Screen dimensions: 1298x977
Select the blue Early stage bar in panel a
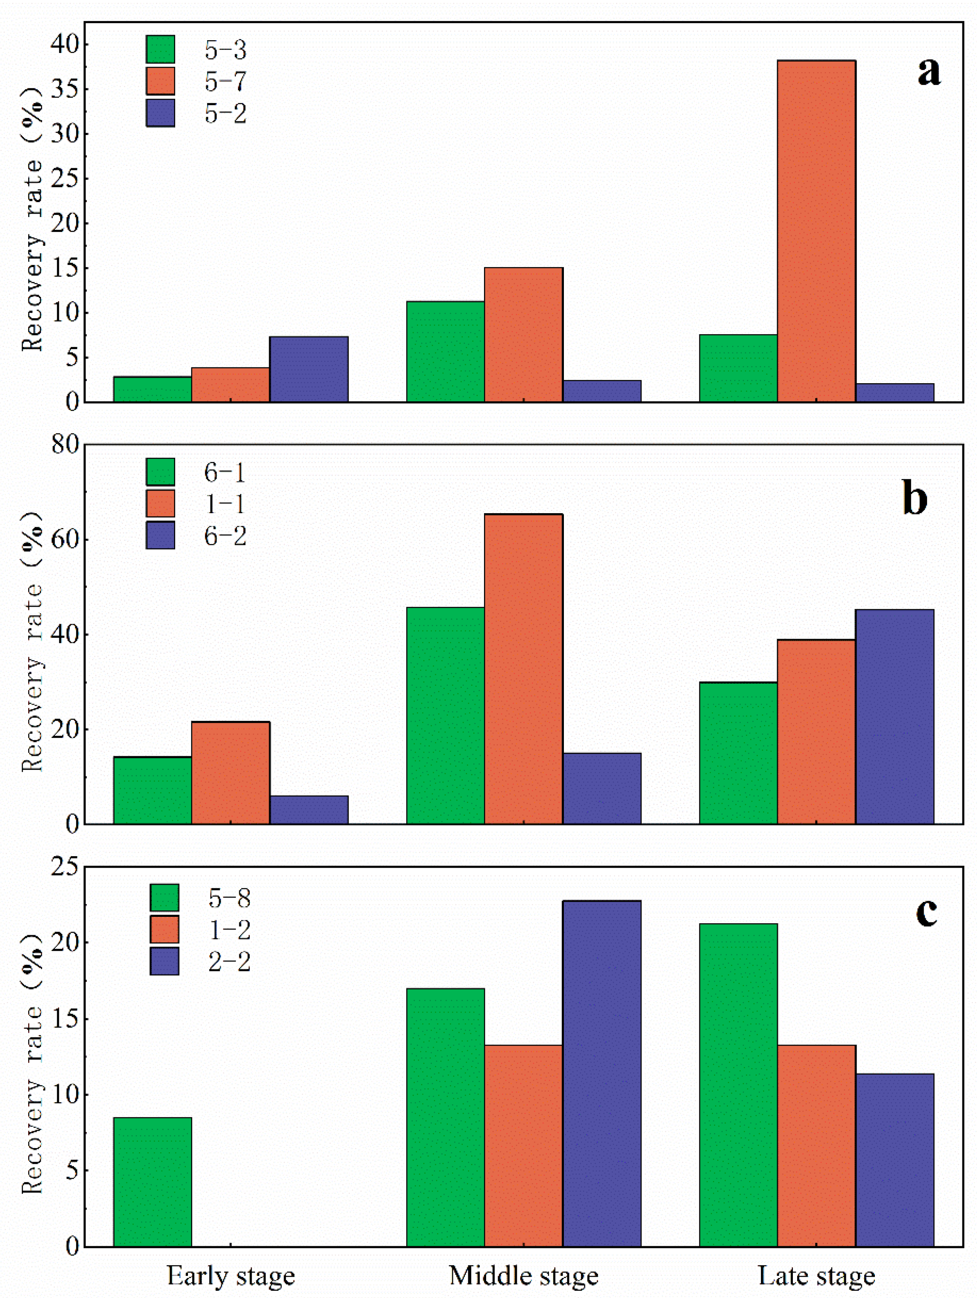[x=308, y=370]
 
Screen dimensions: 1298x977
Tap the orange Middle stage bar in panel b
[x=523, y=669]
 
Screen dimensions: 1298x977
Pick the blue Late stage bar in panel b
[x=894, y=717]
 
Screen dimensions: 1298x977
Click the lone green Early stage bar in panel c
[x=153, y=1182]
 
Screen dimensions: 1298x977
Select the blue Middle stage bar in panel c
[x=601, y=1073]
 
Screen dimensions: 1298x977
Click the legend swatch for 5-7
[x=160, y=81]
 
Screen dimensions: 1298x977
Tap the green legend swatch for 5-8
[x=164, y=898]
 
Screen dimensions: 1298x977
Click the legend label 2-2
[x=229, y=962]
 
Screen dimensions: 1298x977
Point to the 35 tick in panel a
[x=65, y=89]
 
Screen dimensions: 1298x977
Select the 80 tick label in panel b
[x=65, y=445]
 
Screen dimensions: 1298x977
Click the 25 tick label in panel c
[x=65, y=866]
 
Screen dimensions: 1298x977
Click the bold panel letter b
[x=915, y=498]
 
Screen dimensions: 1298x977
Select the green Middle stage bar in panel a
[x=446, y=352]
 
